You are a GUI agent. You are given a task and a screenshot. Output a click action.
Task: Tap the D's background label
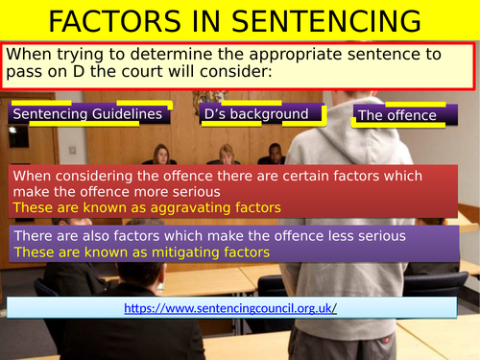[x=256, y=114]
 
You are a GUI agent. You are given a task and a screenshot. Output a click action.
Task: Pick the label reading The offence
[x=396, y=116]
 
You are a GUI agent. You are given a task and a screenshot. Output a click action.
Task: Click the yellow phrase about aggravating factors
[x=146, y=207]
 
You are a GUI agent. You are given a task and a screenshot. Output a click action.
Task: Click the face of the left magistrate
[x=161, y=153]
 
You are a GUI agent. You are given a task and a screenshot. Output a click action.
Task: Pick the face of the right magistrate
[x=276, y=153]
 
